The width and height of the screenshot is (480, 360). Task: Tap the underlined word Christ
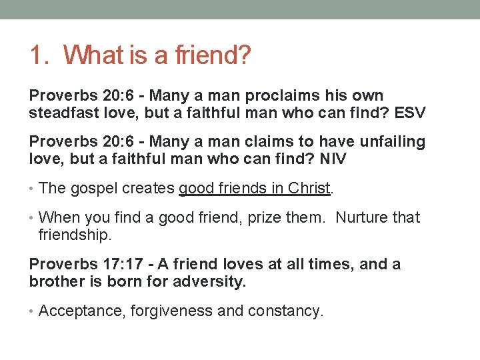pos(309,189)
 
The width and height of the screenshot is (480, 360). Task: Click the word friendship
pos(74,235)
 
